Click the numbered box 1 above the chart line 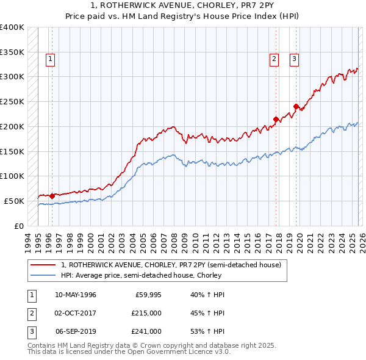pos(49,59)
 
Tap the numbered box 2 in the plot pos(274,59)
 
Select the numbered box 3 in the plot pos(294,59)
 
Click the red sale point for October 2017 pos(276,119)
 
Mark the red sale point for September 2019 pos(296,106)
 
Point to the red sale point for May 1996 pos(52,196)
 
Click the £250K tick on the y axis pos(12,101)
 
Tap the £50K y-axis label pos(15,201)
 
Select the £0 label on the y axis pos(19,226)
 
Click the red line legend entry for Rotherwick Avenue pos(171,265)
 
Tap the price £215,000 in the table pos(146,313)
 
